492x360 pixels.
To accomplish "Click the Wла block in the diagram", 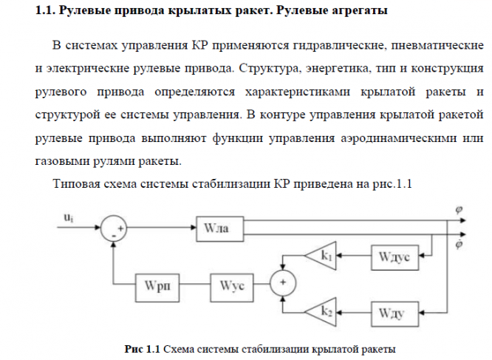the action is coord(219,229).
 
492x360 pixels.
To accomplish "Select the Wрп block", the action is coord(157,288).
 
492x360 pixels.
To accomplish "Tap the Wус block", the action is coord(232,288).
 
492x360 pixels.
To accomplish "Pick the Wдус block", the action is coord(394,257).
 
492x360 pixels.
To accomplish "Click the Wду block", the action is coord(394,314).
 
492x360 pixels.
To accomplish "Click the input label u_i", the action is coord(69,217).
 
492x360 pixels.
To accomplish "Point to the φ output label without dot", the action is coord(459,209).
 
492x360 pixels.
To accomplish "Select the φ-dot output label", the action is coord(459,243).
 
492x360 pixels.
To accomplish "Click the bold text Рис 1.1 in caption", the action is coord(142,349).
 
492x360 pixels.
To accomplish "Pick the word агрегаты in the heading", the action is coord(355,10).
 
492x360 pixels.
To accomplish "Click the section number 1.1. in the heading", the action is coord(46,10).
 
